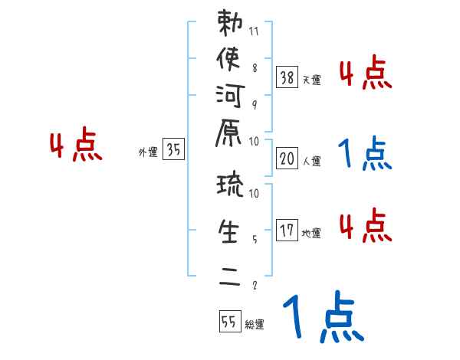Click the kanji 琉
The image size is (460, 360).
[x=231, y=186]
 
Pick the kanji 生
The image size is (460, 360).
[x=231, y=231]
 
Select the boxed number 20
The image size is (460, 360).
[x=287, y=159]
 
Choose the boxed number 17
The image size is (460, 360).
[x=287, y=231]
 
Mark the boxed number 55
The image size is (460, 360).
[x=229, y=322]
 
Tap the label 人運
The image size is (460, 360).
[x=311, y=162]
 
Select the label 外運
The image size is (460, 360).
[x=148, y=152]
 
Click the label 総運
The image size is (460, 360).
[x=254, y=325]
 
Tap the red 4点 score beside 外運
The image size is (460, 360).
[x=76, y=146]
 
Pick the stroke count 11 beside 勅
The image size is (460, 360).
[x=255, y=32]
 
